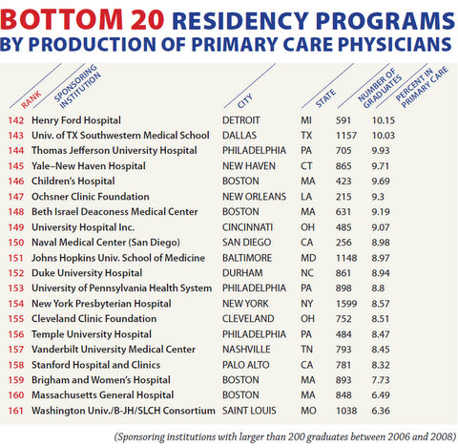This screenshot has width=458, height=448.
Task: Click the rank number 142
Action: click(16, 120)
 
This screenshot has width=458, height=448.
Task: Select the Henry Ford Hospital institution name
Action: click(76, 120)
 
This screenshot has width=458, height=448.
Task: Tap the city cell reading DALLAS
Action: click(239, 136)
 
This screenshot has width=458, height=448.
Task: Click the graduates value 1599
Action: click(346, 304)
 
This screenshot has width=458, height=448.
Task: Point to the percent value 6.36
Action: click(381, 411)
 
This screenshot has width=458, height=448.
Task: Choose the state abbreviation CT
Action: click(306, 166)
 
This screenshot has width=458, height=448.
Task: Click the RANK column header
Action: click(31, 99)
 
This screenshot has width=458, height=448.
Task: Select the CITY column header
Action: click(245, 100)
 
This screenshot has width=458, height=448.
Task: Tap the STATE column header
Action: click(325, 98)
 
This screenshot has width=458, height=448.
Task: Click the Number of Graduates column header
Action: click(379, 87)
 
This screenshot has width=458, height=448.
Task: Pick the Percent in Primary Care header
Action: click(422, 87)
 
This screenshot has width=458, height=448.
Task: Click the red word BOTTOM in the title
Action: click(61, 20)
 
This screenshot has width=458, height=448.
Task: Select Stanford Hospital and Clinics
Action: click(95, 365)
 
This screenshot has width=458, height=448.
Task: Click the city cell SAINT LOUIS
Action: click(249, 411)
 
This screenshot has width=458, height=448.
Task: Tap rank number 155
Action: click(16, 319)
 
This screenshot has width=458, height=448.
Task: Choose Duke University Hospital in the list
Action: click(87, 273)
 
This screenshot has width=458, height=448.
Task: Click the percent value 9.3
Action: click(378, 197)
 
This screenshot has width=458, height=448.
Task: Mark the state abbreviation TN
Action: click(307, 350)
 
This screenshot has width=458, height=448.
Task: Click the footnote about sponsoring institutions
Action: click(285, 437)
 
